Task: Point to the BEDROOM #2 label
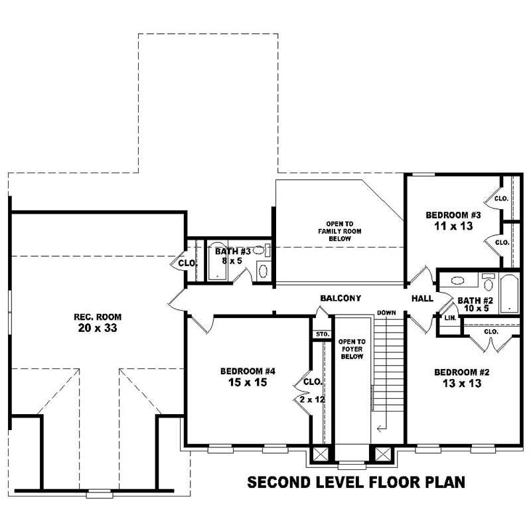457,372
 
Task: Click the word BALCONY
340,299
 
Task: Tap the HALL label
423,299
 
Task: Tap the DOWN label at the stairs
386,313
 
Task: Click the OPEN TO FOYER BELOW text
352,348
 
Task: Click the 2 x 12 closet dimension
311,400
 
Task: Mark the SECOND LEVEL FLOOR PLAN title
356,481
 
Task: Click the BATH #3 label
232,252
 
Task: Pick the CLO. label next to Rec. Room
188,263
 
